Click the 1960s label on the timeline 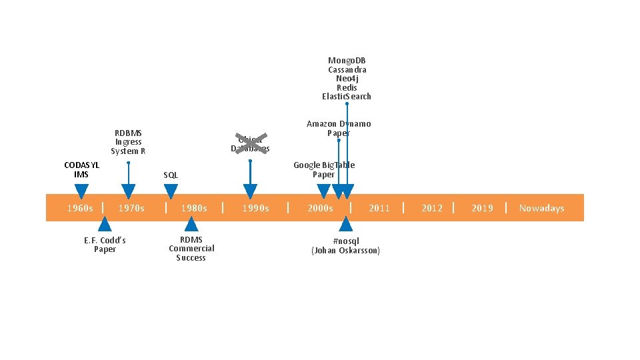pos(80,208)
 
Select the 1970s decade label pos(131,208)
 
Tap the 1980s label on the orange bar pos(194,208)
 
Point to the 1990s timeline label pos(255,208)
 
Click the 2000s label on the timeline pos(320,208)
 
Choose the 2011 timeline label pos(379,208)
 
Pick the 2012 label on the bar pos(432,208)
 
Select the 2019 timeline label pos(482,208)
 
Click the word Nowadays pos(541,208)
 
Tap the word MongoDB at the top pos(347,61)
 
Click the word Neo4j pos(347,79)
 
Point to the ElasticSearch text pos(347,97)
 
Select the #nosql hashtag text pos(345,241)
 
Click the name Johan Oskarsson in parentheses pos(345,251)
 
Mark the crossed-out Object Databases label pos(250,144)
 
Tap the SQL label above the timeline pos(171,175)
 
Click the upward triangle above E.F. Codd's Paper pos(105,223)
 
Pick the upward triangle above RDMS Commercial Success pos(191,223)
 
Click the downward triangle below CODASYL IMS pos(81,191)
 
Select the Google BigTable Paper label pos(324,169)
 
